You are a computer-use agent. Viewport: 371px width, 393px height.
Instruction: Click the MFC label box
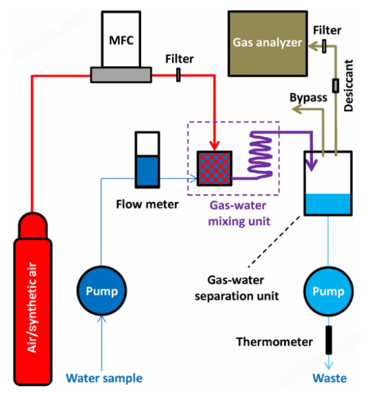[x=121, y=39]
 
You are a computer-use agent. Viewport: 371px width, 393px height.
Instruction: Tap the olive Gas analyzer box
[x=268, y=44]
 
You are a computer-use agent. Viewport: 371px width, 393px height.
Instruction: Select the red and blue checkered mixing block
[x=214, y=168]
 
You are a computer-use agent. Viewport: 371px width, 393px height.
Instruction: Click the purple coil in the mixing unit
[x=260, y=155]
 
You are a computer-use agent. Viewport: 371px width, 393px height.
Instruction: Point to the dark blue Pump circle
[x=101, y=291]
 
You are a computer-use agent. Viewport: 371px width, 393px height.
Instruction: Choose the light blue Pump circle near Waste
[x=328, y=291]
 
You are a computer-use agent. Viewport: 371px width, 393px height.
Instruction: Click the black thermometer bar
[x=329, y=340]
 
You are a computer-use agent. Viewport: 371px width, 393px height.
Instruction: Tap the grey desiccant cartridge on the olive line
[x=335, y=86]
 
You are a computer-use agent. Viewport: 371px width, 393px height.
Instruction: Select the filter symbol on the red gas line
[x=179, y=75]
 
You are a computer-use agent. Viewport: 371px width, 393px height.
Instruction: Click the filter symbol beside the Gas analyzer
[x=324, y=46]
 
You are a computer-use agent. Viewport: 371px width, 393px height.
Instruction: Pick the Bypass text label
[x=308, y=98]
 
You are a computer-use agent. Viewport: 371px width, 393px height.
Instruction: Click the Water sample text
[x=104, y=378]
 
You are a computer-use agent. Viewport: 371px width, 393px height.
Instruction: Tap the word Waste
[x=329, y=378]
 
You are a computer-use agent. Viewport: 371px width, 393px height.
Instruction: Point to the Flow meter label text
[x=148, y=204]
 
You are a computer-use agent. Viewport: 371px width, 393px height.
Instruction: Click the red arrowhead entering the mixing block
[x=214, y=146]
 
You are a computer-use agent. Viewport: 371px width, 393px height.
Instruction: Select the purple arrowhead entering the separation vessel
[x=311, y=165]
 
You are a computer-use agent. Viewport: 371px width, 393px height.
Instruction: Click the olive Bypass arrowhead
[x=297, y=109]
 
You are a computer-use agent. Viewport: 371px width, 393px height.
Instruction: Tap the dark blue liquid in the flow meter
[x=148, y=171]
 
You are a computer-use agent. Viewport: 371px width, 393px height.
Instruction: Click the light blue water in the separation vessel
[x=328, y=204]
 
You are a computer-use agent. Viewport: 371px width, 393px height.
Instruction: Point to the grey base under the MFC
[x=121, y=75]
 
